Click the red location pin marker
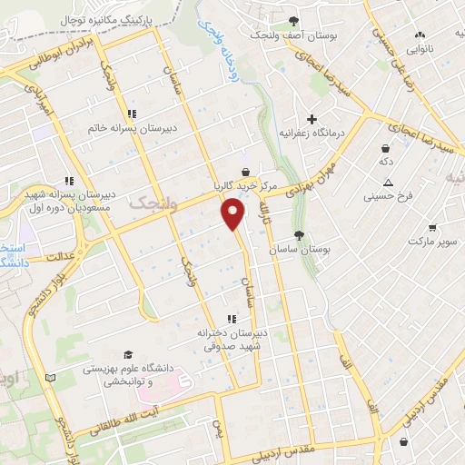pyautogui.click(x=233, y=213)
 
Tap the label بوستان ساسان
pyautogui.click(x=299, y=248)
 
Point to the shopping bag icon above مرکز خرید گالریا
pyautogui.click(x=244, y=171)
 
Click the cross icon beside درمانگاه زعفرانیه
pyautogui.click(x=312, y=118)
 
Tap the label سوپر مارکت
pyautogui.click(x=430, y=242)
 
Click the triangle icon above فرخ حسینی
pyautogui.click(x=388, y=183)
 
